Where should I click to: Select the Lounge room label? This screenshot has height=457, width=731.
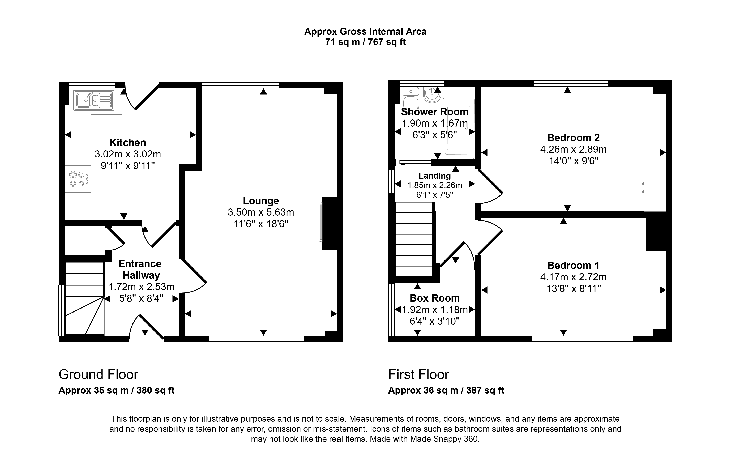[x=261, y=201]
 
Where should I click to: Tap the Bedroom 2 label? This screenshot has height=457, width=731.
[x=573, y=138]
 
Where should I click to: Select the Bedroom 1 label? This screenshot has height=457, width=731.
[x=573, y=265]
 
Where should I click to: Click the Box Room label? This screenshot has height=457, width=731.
[x=435, y=298]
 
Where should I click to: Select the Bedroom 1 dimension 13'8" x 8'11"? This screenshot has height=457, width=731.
[x=573, y=289]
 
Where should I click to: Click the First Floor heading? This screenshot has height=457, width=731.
[x=418, y=374]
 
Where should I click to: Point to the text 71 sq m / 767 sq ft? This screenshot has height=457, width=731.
[x=365, y=42]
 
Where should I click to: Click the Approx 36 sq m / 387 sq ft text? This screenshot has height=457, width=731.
[x=446, y=391]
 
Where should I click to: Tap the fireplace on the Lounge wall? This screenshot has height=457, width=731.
[x=319, y=222]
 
